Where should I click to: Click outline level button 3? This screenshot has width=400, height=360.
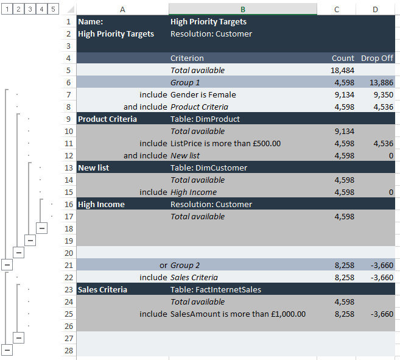pyautogui.click(x=30, y=9)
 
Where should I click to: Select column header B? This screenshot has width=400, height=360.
pyautogui.click(x=243, y=9)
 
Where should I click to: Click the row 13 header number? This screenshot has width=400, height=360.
pyautogui.click(x=68, y=168)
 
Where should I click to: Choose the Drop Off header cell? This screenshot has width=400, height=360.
pyautogui.click(x=377, y=58)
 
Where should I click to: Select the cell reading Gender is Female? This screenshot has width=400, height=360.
pyautogui.click(x=203, y=94)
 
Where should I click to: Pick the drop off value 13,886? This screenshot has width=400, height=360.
pyautogui.click(x=381, y=82)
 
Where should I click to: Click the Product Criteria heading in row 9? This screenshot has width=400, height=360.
pyautogui.click(x=107, y=119)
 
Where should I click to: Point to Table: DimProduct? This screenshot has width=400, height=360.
pyautogui.click(x=205, y=119)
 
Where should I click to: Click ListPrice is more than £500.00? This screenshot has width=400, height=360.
pyautogui.click(x=225, y=143)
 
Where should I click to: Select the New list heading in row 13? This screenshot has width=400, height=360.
pyautogui.click(x=94, y=168)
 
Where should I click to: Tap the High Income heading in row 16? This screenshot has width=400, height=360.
pyautogui.click(x=101, y=204)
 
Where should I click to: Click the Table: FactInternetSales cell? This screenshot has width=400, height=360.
pyautogui.click(x=216, y=289)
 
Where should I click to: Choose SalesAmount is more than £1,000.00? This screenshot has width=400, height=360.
pyautogui.click(x=237, y=314)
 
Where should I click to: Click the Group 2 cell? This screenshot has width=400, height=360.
pyautogui.click(x=185, y=265)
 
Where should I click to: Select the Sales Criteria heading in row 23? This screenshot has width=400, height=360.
pyautogui.click(x=102, y=289)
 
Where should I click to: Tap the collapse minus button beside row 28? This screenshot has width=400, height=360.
pyautogui.click(x=7, y=350)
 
